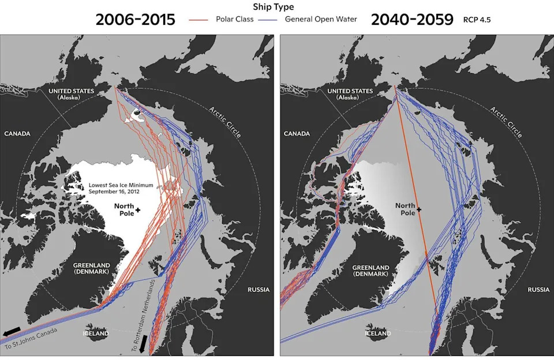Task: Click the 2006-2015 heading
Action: click(136, 20)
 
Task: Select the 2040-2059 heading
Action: click(411, 20)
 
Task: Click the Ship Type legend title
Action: click(273, 7)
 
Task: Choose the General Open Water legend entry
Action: click(321, 20)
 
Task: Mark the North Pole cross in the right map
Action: click(419, 209)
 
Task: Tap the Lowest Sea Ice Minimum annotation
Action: click(121, 189)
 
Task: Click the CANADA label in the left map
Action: click(17, 134)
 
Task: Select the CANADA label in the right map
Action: click(297, 134)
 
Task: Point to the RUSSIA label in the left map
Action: click(258, 290)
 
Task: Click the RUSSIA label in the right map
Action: click(538, 290)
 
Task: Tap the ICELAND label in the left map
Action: click(96, 333)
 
